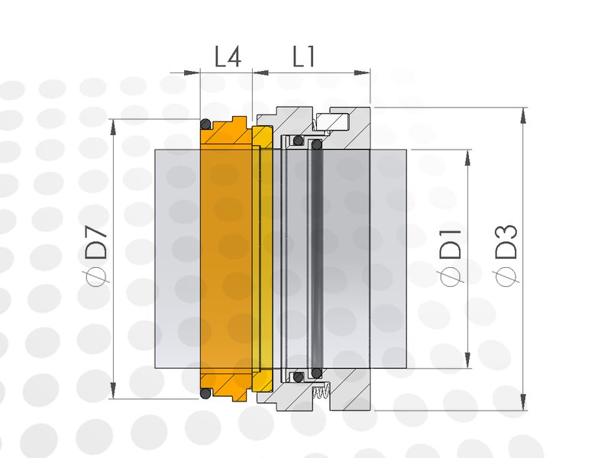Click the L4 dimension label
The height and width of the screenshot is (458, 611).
228,56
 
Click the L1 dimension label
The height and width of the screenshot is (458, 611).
304,56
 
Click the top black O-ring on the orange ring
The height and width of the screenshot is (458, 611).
205,124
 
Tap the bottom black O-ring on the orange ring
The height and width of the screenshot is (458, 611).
205,393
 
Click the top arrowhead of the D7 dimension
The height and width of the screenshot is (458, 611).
113,127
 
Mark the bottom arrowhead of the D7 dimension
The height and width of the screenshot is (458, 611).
113,390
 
